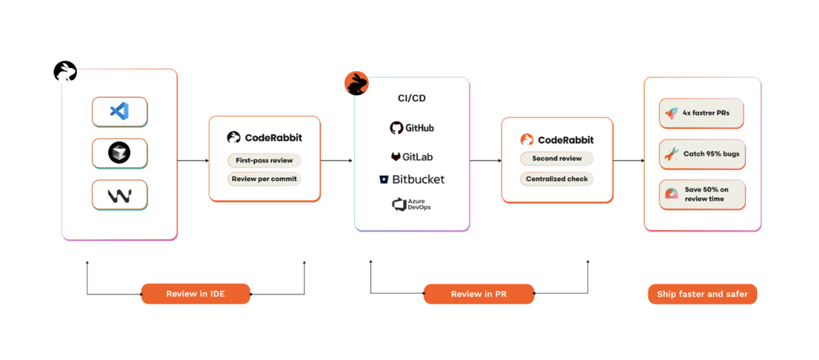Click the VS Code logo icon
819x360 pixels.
[x=119, y=111]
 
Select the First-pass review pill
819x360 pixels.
[x=264, y=161]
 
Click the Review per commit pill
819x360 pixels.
[x=264, y=179]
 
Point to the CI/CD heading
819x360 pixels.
[x=412, y=98]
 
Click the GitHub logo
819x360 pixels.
[x=412, y=128]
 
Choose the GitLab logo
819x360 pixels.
[x=412, y=157]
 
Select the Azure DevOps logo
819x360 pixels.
[x=412, y=204]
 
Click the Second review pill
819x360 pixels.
[x=556, y=158]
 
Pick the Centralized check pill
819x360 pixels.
[x=556, y=179]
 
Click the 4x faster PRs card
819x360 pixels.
[x=701, y=113]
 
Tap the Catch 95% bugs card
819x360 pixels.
[x=702, y=154]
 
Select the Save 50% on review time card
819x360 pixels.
[x=702, y=195]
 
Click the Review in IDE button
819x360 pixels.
[x=196, y=294]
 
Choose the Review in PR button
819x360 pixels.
[x=479, y=294]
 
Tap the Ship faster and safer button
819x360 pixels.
[x=702, y=294]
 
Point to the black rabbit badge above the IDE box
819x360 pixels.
[x=65, y=71]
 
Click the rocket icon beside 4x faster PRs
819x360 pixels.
[x=672, y=113]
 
